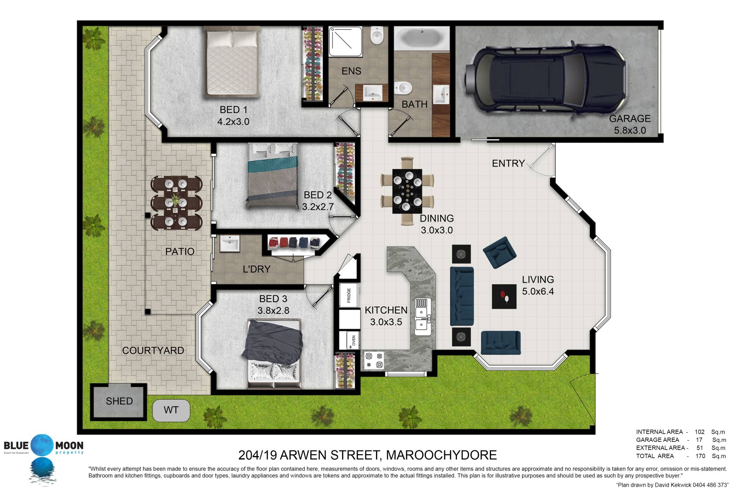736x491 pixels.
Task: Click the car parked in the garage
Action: [x=547, y=80]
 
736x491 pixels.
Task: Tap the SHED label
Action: [x=119, y=401]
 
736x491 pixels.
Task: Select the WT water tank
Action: [x=171, y=410]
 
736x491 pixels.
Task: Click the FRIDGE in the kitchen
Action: [x=349, y=295]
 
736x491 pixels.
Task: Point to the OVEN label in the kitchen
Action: [x=353, y=340]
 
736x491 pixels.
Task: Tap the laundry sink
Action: [x=230, y=244]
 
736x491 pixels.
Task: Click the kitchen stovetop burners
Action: [x=374, y=360]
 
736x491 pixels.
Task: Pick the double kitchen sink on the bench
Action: [x=422, y=317]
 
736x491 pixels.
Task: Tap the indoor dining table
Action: [x=407, y=191]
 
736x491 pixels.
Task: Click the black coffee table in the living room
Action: [x=504, y=296]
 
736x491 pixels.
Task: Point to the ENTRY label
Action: [x=508, y=163]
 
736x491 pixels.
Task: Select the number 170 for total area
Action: [x=700, y=456]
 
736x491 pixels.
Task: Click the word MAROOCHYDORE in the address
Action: [x=441, y=455]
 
